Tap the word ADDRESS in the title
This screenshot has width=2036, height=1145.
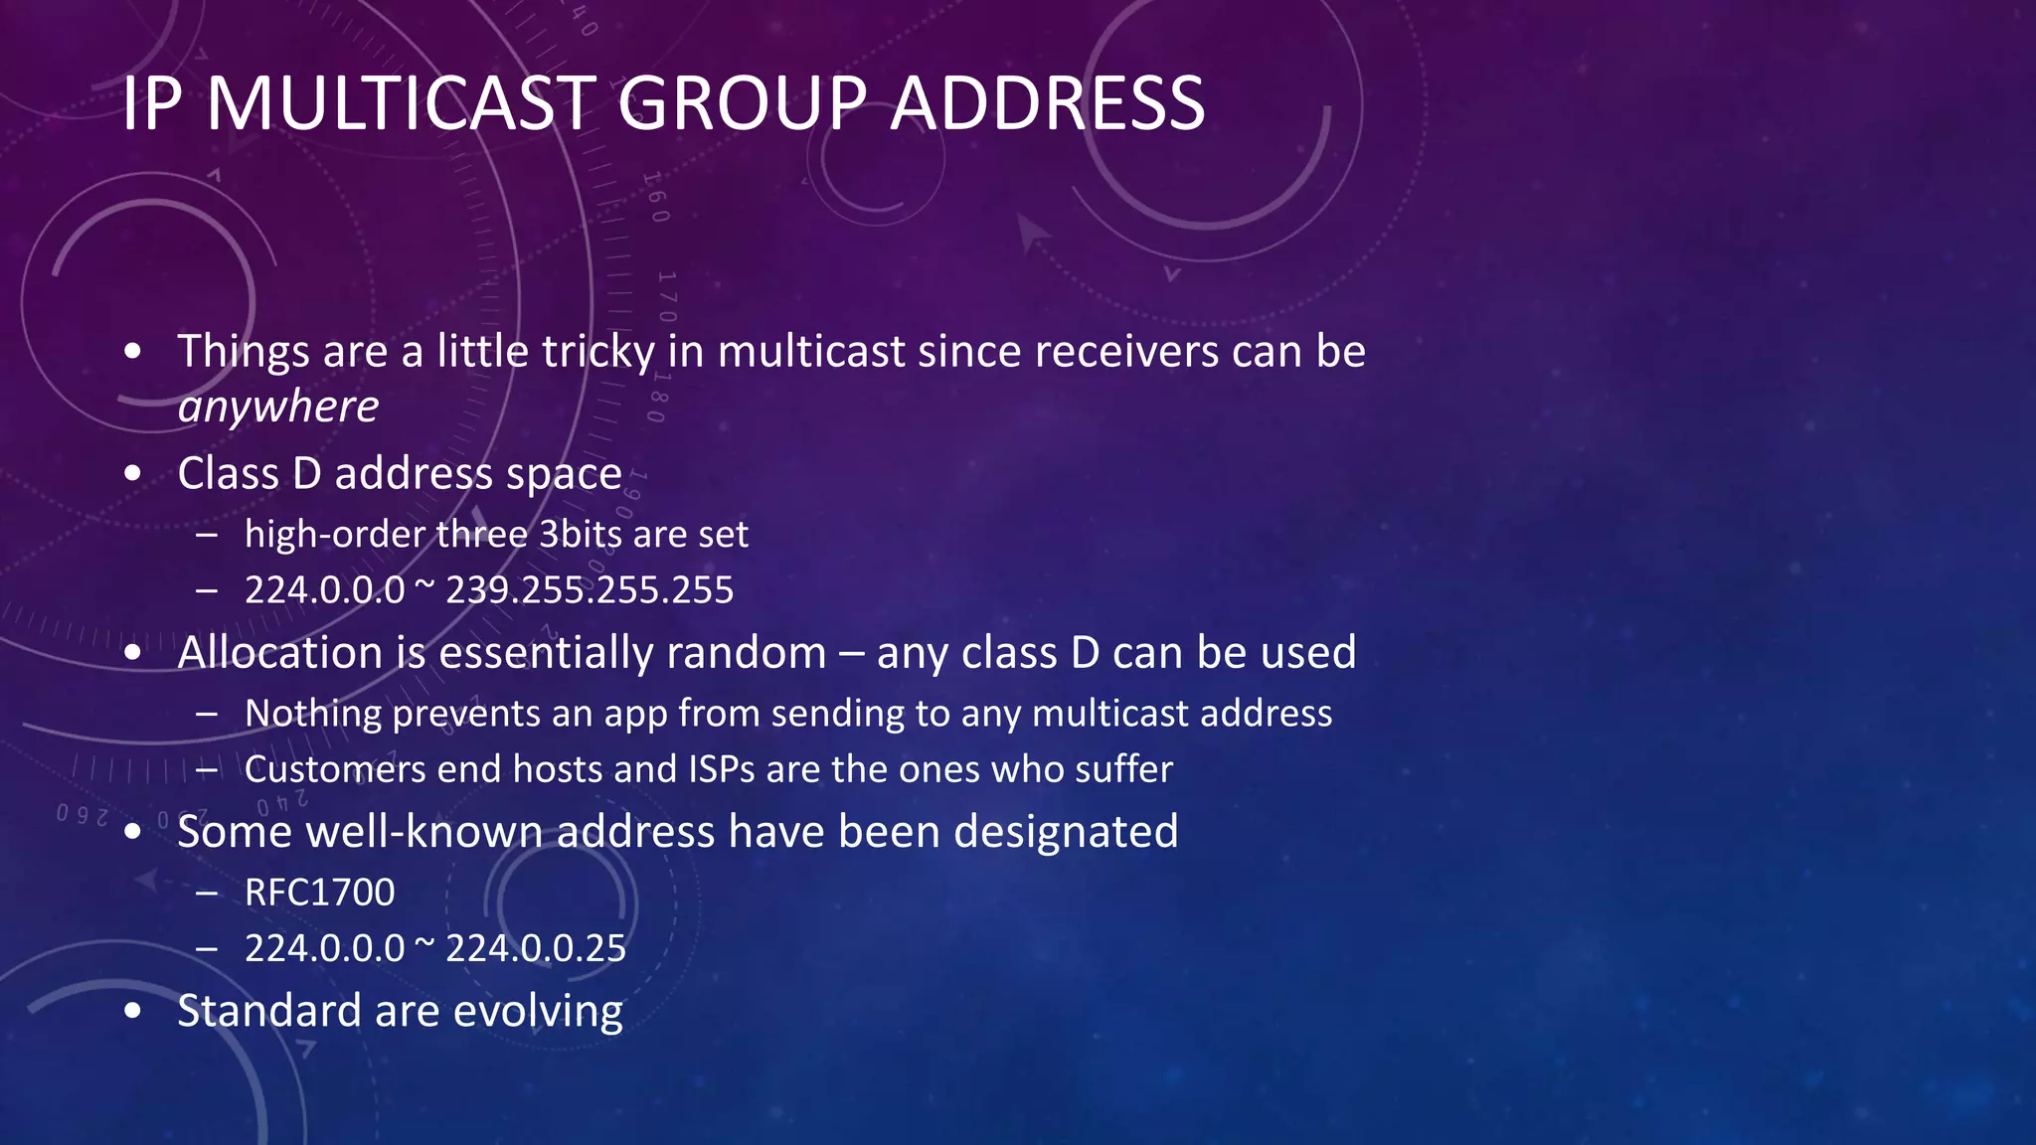[x=1048, y=103]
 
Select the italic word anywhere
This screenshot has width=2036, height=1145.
[x=277, y=407]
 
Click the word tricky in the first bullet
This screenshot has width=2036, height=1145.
[x=598, y=352]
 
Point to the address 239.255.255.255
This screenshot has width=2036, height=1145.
[x=590, y=590]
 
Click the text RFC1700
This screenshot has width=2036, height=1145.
[x=319, y=893]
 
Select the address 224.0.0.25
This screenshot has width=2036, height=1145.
[x=536, y=948]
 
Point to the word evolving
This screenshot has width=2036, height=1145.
[x=538, y=1011]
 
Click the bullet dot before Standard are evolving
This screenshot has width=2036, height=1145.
[x=133, y=1012]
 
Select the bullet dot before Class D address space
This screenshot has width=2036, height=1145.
[x=133, y=474]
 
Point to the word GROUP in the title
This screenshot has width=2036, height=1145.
[x=743, y=103]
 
